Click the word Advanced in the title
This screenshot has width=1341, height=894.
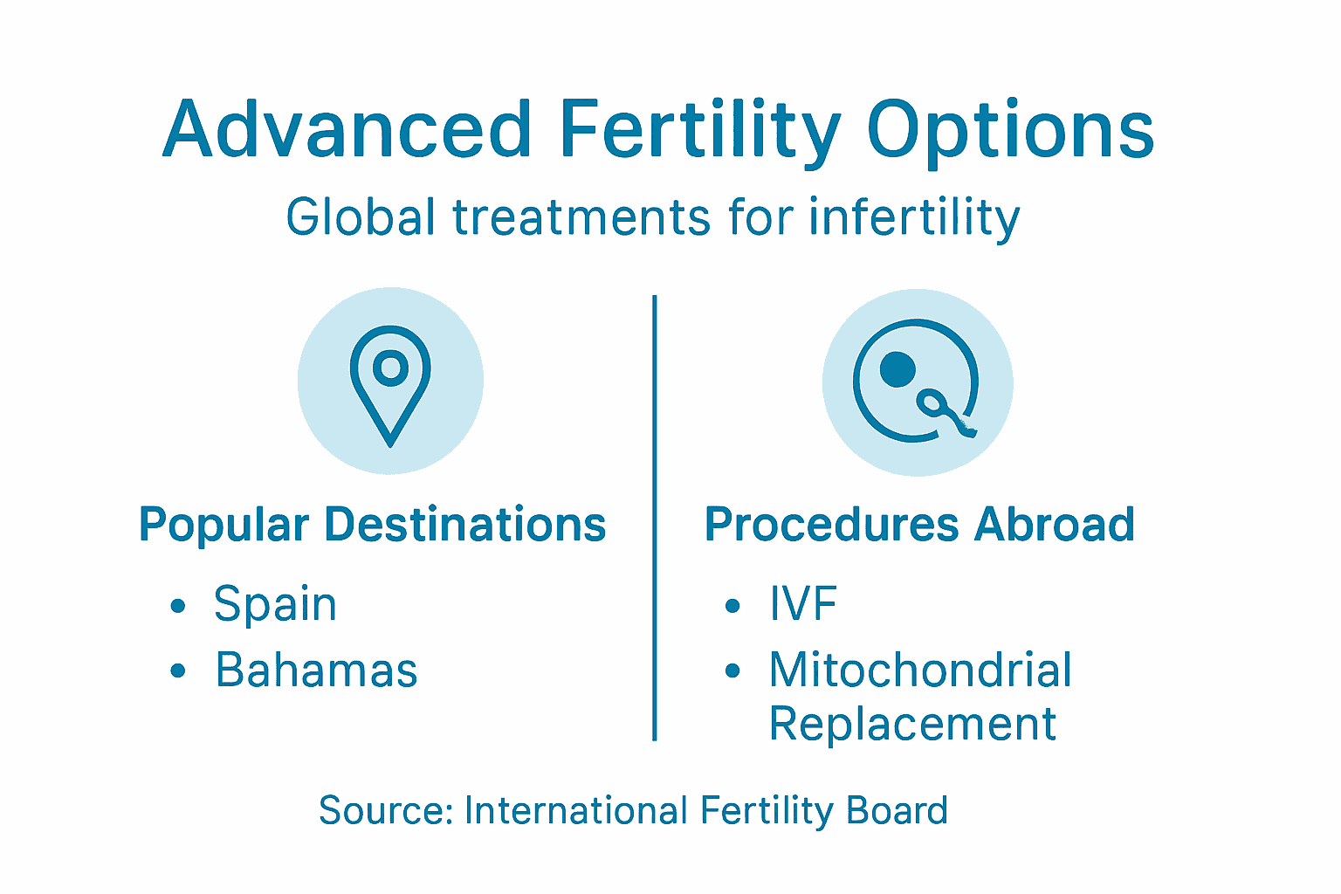point(347,131)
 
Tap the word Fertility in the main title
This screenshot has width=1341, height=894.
point(699,131)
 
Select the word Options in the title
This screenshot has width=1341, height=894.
point(1010,131)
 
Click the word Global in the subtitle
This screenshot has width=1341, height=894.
point(361,217)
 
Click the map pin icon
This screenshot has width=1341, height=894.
point(390,384)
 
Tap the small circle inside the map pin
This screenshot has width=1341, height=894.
point(390,368)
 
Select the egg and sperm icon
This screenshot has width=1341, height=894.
point(917,382)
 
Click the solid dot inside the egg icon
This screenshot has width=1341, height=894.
point(897,369)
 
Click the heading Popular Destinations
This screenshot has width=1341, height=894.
point(373,525)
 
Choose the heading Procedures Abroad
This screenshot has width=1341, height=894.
point(919,525)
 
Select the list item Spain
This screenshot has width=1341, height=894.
point(275,604)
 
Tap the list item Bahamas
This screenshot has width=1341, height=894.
point(316,670)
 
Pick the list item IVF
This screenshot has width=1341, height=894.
point(802,604)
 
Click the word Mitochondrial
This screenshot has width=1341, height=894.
point(920,670)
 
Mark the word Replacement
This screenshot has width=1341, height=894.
point(912,724)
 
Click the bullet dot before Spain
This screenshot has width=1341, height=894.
point(178,606)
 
